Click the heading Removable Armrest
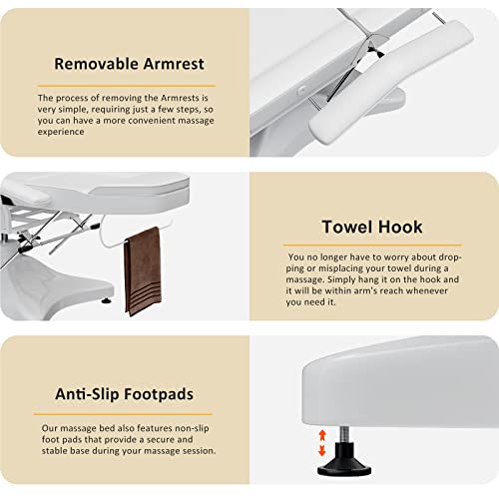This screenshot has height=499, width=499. pos(129,64)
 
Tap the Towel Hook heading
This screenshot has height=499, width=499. pos(370,227)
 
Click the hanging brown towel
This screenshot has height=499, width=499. pos(143,269)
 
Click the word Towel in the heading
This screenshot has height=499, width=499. pos(347,227)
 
